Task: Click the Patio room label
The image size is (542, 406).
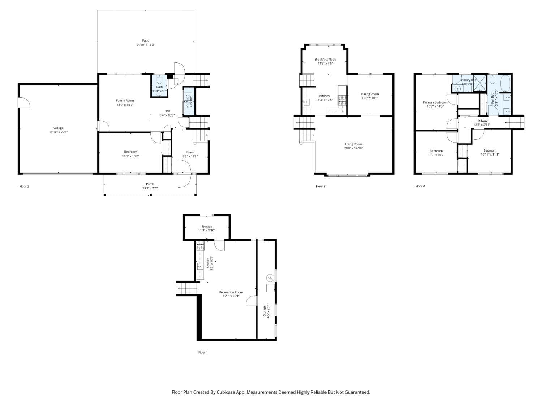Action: coord(146,40)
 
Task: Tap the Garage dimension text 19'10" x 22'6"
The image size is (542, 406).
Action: coord(59,132)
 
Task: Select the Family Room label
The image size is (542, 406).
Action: coord(125,101)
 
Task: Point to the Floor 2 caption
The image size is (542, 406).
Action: coord(24,187)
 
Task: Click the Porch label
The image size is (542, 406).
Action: coord(150,184)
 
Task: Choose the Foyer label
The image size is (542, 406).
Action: coord(190,152)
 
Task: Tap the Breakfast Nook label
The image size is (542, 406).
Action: coord(325,59)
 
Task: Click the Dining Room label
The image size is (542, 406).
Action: coord(370,94)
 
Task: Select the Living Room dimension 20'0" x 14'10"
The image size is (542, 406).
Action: coord(353,148)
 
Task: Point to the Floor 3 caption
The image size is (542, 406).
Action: coord(321,187)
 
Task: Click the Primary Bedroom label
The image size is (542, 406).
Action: coord(435,102)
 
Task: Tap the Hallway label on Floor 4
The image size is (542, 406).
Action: coord(482,121)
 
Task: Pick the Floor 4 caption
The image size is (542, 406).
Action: coord(420,187)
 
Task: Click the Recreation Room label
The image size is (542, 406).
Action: coord(231,292)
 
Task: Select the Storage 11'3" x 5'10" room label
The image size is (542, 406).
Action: coord(207,226)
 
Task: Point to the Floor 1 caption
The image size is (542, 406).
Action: coord(203,353)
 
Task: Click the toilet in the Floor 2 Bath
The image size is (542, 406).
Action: coord(160,80)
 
